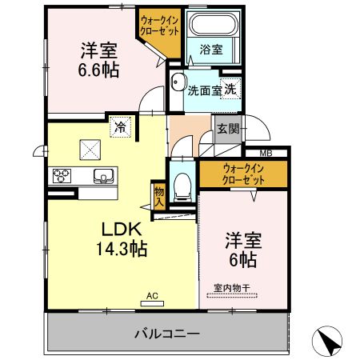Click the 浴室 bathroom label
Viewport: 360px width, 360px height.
pyautogui.click(x=211, y=50)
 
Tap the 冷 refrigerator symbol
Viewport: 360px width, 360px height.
pyautogui.click(x=120, y=126)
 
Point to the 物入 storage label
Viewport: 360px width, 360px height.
pyautogui.click(x=158, y=197)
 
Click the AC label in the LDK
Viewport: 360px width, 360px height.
pyautogui.click(x=152, y=295)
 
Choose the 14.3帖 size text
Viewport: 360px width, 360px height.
pyautogui.click(x=122, y=248)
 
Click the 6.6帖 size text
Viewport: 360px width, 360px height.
pyautogui.click(x=98, y=70)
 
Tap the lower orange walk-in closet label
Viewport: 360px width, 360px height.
pyautogui.click(x=244, y=174)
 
